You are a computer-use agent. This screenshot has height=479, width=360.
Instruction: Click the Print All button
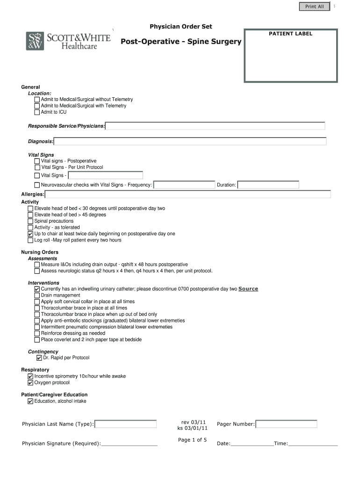(314, 7)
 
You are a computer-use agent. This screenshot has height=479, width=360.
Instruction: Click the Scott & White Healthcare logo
(68, 41)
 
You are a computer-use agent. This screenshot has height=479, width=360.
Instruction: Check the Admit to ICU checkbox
(37, 112)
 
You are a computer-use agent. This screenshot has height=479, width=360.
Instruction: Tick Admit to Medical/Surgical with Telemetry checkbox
(37, 106)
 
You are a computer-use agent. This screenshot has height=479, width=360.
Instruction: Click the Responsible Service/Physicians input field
(215, 126)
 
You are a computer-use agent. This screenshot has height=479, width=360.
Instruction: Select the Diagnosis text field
(190, 141)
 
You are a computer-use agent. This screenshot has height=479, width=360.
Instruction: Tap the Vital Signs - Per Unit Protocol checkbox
(37, 167)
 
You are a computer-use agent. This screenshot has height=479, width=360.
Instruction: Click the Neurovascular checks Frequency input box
(184, 185)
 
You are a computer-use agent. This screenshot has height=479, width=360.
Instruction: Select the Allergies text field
(187, 194)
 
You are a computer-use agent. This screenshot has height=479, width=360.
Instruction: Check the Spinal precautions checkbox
(30, 221)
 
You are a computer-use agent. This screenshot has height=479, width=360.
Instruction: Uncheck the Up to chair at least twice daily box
(30, 234)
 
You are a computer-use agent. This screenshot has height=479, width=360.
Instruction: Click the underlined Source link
(248, 289)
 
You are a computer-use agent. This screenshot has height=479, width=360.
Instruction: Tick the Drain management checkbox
(37, 296)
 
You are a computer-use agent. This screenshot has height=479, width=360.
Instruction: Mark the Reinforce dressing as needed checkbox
(37, 334)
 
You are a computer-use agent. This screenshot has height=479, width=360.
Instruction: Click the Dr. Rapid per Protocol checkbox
(39, 358)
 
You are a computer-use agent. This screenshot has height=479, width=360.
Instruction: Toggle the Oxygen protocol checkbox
(30, 383)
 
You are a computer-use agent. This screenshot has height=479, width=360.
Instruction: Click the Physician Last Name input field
(126, 424)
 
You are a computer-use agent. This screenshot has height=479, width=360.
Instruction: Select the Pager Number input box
(286, 424)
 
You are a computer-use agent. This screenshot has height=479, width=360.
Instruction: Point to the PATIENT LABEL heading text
(290, 34)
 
